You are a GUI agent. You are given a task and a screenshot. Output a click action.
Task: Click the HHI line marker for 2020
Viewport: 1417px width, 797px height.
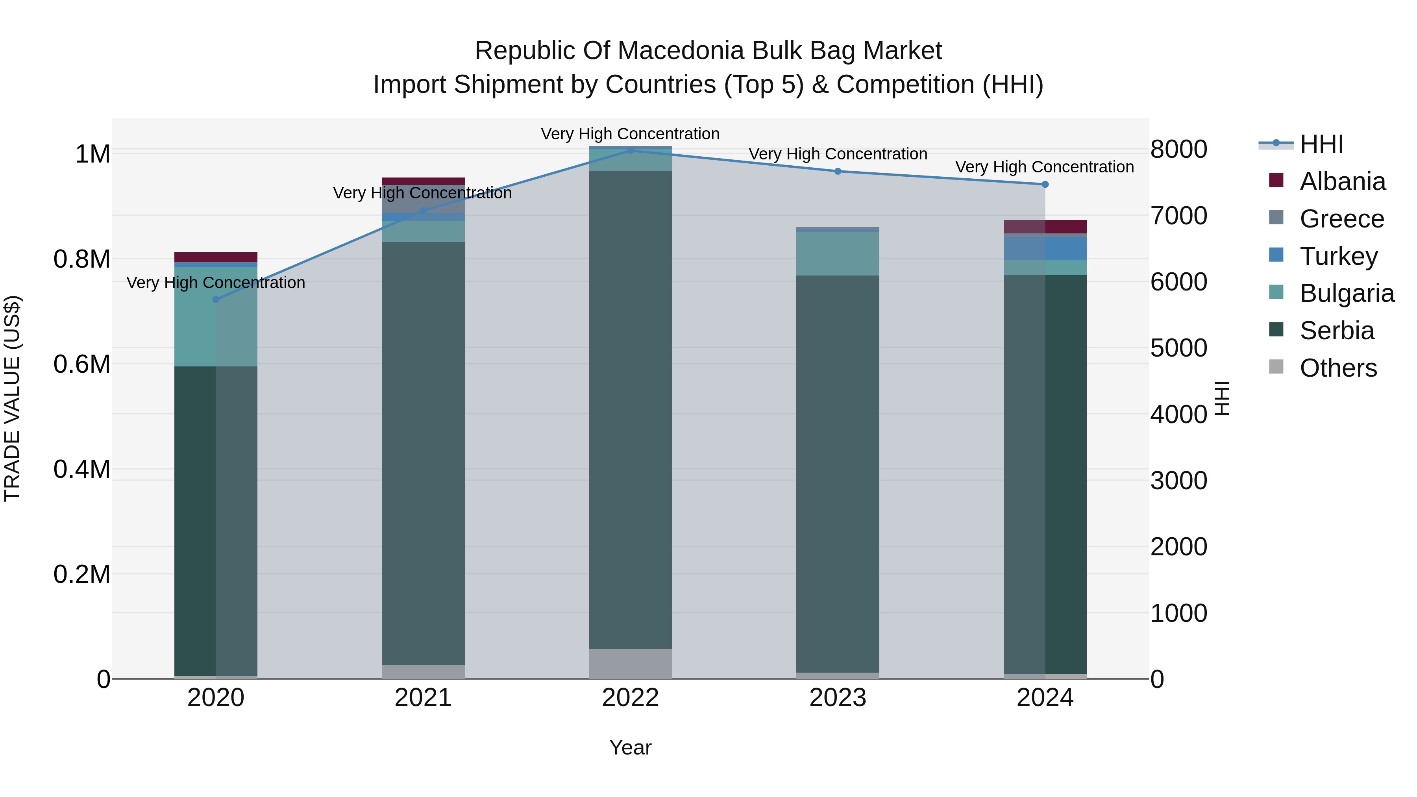click(x=216, y=299)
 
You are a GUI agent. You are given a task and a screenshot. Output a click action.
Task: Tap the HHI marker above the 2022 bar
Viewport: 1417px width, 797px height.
click(x=631, y=150)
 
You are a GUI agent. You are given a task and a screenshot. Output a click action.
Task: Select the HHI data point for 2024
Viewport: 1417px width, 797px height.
click(x=1045, y=184)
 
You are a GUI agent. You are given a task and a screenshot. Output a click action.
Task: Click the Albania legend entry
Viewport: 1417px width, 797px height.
click(x=1342, y=181)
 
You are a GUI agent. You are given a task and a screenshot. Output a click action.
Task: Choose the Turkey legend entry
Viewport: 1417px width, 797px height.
click(x=1338, y=256)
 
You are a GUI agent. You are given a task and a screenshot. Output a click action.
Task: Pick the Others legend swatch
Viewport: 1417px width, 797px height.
click(x=1276, y=367)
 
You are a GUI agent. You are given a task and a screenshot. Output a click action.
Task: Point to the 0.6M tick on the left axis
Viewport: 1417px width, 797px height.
click(x=81, y=364)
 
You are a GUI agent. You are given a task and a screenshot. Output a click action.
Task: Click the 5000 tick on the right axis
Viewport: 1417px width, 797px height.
click(x=1178, y=348)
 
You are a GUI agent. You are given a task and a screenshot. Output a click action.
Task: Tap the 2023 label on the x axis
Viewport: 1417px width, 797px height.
click(x=837, y=698)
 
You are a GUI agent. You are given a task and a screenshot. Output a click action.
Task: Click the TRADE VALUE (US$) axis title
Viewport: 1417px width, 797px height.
click(x=12, y=398)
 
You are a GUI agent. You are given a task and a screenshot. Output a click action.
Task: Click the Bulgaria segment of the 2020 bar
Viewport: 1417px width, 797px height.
click(x=216, y=316)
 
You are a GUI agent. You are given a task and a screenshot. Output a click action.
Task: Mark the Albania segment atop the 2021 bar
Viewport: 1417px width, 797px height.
click(x=423, y=181)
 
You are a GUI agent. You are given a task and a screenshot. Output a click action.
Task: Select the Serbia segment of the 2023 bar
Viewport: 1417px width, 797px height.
click(x=837, y=473)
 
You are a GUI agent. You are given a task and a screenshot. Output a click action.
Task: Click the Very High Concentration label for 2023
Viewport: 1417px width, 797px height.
click(x=837, y=154)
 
